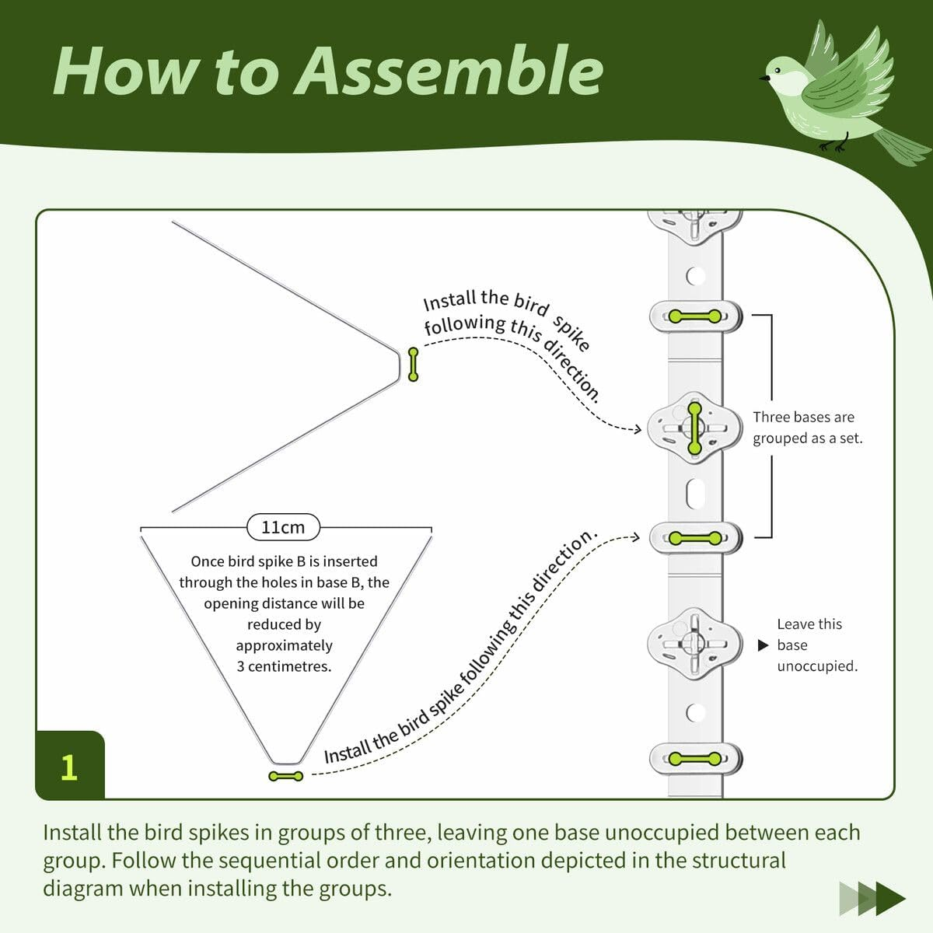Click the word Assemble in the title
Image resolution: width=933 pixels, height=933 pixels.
pyautogui.click(x=449, y=71)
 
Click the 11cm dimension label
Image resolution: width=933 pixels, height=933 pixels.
pyautogui.click(x=283, y=527)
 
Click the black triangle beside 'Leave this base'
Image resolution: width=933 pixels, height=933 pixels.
pyautogui.click(x=763, y=645)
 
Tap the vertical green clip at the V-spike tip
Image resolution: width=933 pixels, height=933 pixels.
pyautogui.click(x=413, y=365)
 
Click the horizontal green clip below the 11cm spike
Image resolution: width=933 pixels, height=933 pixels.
pyautogui.click(x=285, y=776)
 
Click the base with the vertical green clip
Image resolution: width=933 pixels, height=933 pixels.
pyautogui.click(x=694, y=428)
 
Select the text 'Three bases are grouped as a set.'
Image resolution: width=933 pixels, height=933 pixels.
pyautogui.click(x=807, y=428)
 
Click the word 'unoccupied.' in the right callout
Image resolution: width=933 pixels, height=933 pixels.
pyautogui.click(x=817, y=666)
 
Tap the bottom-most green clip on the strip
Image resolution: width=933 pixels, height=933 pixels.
pyautogui.click(x=695, y=759)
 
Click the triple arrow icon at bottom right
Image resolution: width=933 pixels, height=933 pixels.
pyautogui.click(x=872, y=899)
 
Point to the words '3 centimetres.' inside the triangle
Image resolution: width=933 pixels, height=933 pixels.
pyautogui.click(x=284, y=666)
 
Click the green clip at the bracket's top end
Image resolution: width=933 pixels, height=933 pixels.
pyautogui.click(x=695, y=316)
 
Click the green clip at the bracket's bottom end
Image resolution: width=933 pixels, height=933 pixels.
pyautogui.click(x=695, y=537)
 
